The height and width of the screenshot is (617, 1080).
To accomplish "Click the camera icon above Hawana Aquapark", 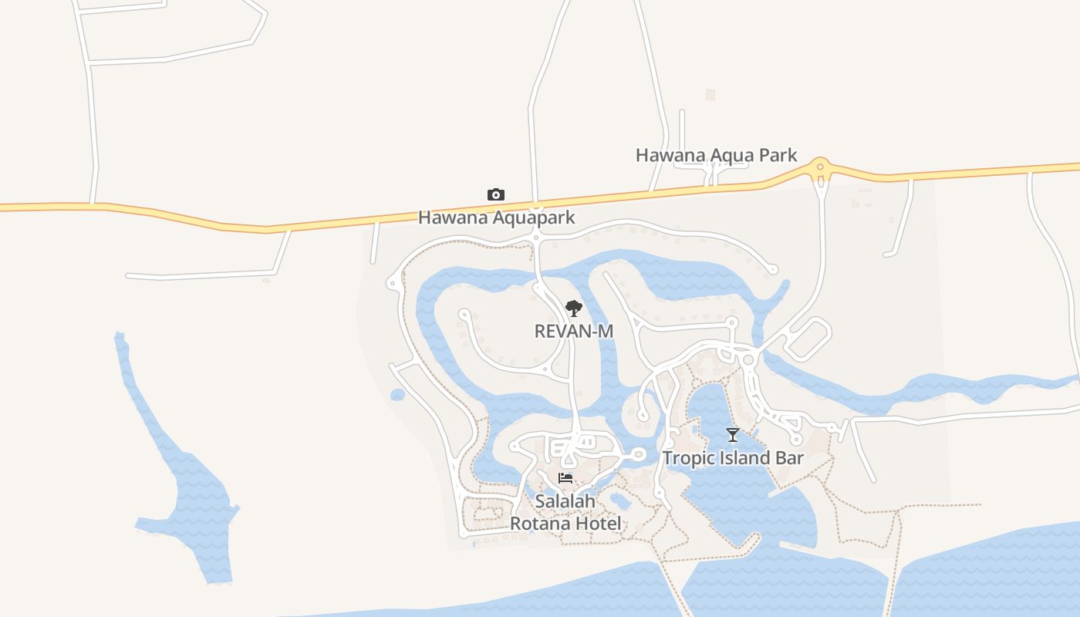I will [496, 194].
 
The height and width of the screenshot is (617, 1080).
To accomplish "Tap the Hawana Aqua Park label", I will [716, 155].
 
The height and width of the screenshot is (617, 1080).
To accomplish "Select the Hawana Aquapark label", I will [496, 217].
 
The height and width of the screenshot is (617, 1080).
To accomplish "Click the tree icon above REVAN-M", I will [573, 309].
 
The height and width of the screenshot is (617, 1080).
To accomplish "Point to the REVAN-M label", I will [574, 331].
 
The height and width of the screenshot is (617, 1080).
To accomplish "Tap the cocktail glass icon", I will [733, 435].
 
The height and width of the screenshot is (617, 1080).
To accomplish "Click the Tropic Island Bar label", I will [733, 458].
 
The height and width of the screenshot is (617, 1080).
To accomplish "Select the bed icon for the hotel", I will [565, 478].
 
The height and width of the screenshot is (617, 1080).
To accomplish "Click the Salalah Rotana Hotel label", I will [565, 512].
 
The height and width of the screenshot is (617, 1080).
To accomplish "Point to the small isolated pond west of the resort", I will [397, 395].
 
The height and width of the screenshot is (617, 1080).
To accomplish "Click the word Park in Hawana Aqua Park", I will [777, 155].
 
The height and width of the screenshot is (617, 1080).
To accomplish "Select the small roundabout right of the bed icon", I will [638, 455].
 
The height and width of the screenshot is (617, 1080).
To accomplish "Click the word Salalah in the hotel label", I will [565, 501].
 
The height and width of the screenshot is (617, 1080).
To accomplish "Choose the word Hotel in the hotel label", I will [599, 524].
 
